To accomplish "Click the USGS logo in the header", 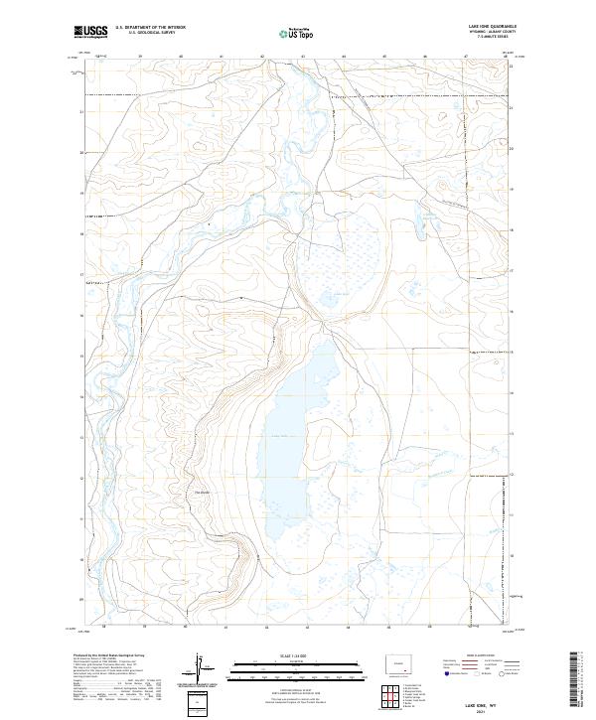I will (90, 32).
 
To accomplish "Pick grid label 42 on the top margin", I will (262, 58).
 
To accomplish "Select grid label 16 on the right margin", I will (512, 311).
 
